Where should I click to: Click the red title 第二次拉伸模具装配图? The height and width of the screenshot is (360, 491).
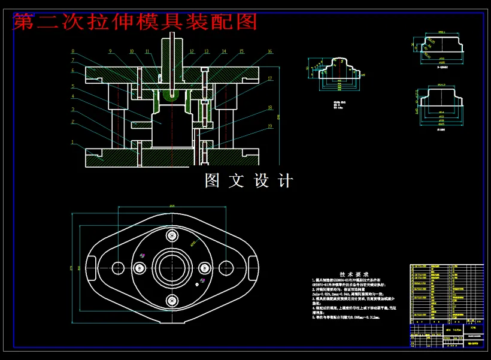tap(135, 22)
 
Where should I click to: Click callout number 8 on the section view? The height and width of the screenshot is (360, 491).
tap(72, 52)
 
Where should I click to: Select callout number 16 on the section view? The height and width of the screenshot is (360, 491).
tap(270, 52)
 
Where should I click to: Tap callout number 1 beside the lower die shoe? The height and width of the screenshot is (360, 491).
tap(72, 143)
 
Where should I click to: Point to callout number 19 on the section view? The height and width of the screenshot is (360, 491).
tap(271, 126)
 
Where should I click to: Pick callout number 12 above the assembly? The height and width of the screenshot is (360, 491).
tap(192, 52)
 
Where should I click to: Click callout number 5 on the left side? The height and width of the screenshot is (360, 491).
tap(72, 86)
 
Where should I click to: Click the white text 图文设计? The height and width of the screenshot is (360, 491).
tap(249, 180)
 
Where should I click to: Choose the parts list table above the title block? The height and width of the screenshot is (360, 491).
tap(446, 294)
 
